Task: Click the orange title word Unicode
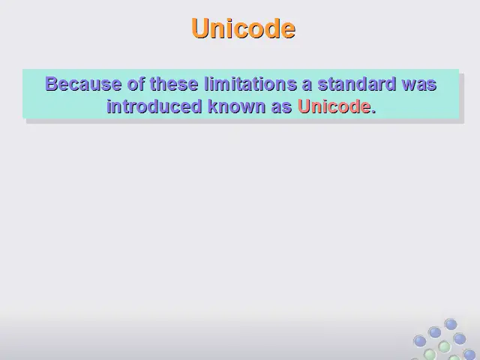coord(243,28)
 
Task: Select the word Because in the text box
coord(83,83)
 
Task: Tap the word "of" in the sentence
coord(136,83)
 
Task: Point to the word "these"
coord(174,83)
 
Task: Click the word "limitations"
coord(250,83)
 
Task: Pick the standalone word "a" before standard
coord(307,85)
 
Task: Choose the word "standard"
coord(357,83)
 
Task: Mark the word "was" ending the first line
coord(419,85)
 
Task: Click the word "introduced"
coord(154,106)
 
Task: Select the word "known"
coord(237,106)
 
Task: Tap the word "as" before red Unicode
coord(281,108)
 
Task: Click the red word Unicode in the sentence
coord(334,106)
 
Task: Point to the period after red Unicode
coord(373,112)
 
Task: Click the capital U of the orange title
coord(200,28)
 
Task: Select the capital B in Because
coord(51,83)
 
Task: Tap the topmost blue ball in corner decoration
coord(451,325)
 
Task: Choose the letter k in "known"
coord(213,106)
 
